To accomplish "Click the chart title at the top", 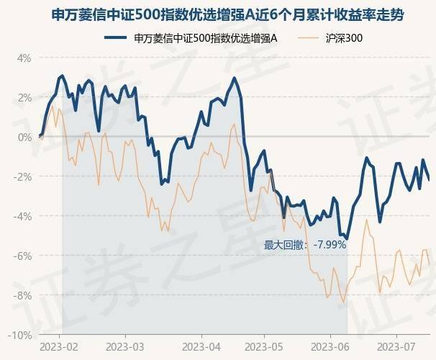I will pyautogui.click(x=218, y=14).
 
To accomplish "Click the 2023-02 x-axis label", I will pyautogui.click(x=60, y=346).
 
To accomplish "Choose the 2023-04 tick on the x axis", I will pyautogui.click(x=200, y=346).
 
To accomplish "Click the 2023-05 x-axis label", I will pyautogui.click(x=264, y=346).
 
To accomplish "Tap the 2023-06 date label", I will pyautogui.click(x=330, y=346).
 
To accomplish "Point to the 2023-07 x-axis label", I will pyautogui.click(x=396, y=346).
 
